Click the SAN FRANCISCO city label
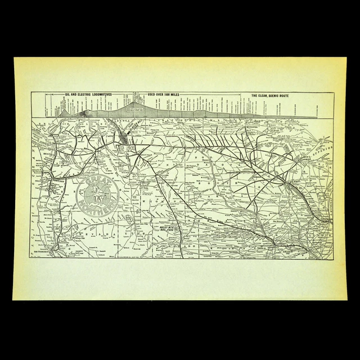[x=49, y=251]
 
